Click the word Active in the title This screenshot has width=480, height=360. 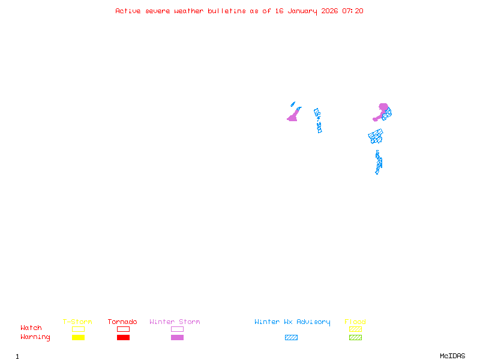coord(128,11)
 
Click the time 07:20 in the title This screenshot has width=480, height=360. coord(353,11)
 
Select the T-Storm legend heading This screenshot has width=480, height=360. coord(77,322)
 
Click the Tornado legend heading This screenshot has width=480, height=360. coord(122,322)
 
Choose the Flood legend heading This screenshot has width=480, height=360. coord(355,322)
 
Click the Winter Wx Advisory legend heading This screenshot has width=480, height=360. coord(292,322)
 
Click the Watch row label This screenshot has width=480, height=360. coord(31,328)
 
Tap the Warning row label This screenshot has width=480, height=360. coord(35,337)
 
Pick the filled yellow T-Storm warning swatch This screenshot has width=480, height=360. coord(78,338)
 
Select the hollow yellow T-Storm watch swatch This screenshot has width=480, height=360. coord(78,329)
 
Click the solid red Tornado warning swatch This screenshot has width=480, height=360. coord(123,338)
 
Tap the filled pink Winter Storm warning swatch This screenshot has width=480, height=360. coord(177,338)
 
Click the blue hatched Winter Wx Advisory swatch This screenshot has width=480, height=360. coord(291,338)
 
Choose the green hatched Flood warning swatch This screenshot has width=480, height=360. coord(355,338)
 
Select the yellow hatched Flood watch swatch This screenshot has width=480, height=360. coord(355,329)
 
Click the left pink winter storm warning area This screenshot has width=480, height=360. coord(293,117)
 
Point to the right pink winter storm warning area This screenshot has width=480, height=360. coord(382,109)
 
